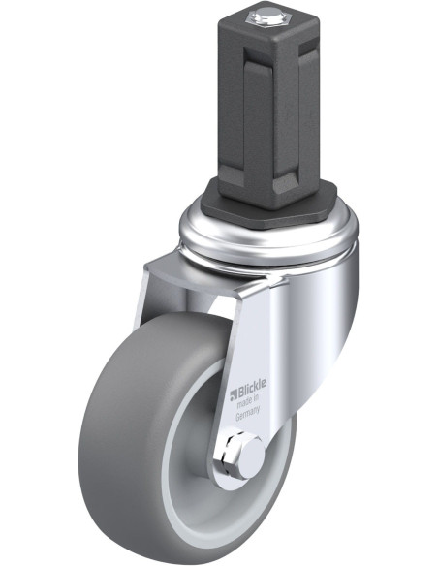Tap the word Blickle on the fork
click(x=252, y=387)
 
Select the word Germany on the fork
click(x=248, y=414)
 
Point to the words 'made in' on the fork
click(x=248, y=400)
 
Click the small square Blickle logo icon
click(x=234, y=395)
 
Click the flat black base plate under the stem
click(x=268, y=209)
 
